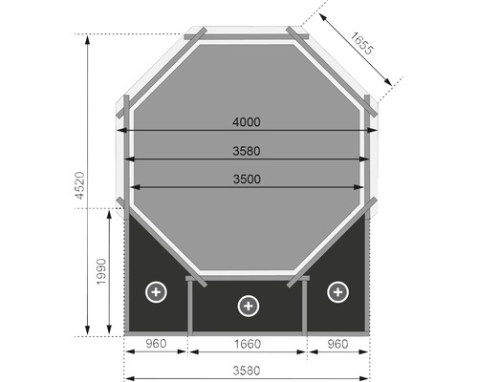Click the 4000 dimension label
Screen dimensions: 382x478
click(247, 122)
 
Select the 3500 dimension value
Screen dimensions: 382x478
click(247, 179)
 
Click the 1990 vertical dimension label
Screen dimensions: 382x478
click(102, 272)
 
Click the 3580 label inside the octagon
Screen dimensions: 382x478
click(247, 150)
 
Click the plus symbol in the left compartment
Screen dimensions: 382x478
click(155, 291)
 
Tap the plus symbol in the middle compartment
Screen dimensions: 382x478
click(248, 306)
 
